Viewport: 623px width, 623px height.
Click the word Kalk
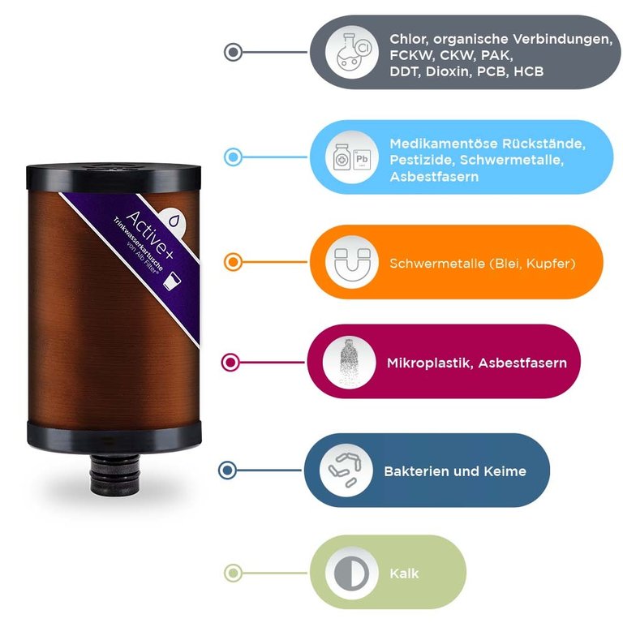point(404,573)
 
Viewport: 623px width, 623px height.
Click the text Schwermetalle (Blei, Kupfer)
point(483,263)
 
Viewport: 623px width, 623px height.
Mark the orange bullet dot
point(233,262)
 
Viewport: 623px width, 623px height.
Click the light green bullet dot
point(233,573)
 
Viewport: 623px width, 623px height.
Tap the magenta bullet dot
point(230,362)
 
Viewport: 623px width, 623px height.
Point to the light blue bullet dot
point(233,157)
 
